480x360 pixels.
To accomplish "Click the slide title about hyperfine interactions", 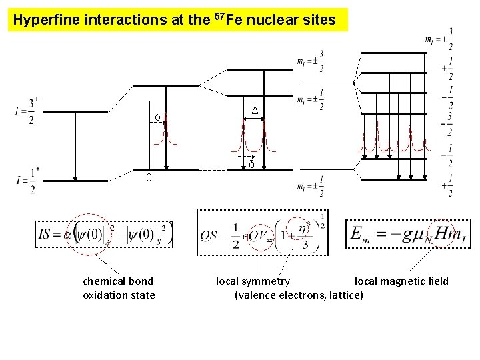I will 174,20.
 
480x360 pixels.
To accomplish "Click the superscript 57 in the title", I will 219,16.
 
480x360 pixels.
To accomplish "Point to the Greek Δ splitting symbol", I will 255,110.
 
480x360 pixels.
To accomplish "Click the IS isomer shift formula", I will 104,234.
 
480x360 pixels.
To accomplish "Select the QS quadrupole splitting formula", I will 263,233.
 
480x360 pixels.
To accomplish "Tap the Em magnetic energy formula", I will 408,234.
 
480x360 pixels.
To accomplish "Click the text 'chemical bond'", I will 118,281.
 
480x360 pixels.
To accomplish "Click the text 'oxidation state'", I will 119,295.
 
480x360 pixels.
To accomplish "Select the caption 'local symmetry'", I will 253,281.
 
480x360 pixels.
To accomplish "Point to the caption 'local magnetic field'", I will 401,281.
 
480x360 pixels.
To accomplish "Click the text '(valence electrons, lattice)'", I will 299,295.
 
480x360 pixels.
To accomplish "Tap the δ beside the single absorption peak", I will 157,118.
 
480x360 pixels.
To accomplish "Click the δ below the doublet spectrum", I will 251,164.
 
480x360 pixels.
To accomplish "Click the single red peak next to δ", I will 167,131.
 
